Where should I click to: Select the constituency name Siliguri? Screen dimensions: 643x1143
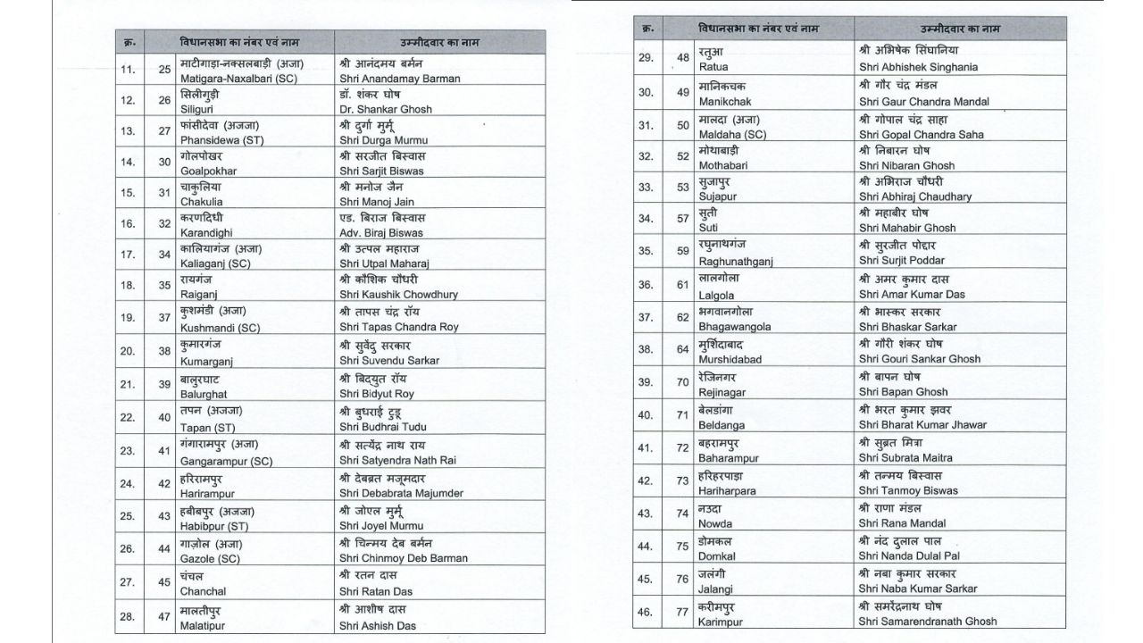point(201,109)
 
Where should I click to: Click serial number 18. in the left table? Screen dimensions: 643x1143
point(128,285)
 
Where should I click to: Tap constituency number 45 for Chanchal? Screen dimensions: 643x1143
point(164,583)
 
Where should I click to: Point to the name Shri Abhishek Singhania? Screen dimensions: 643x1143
point(918,67)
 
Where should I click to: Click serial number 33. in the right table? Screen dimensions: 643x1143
point(646,188)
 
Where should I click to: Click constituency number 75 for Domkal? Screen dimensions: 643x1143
point(683,547)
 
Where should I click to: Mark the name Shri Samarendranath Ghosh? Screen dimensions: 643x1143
point(928,621)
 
